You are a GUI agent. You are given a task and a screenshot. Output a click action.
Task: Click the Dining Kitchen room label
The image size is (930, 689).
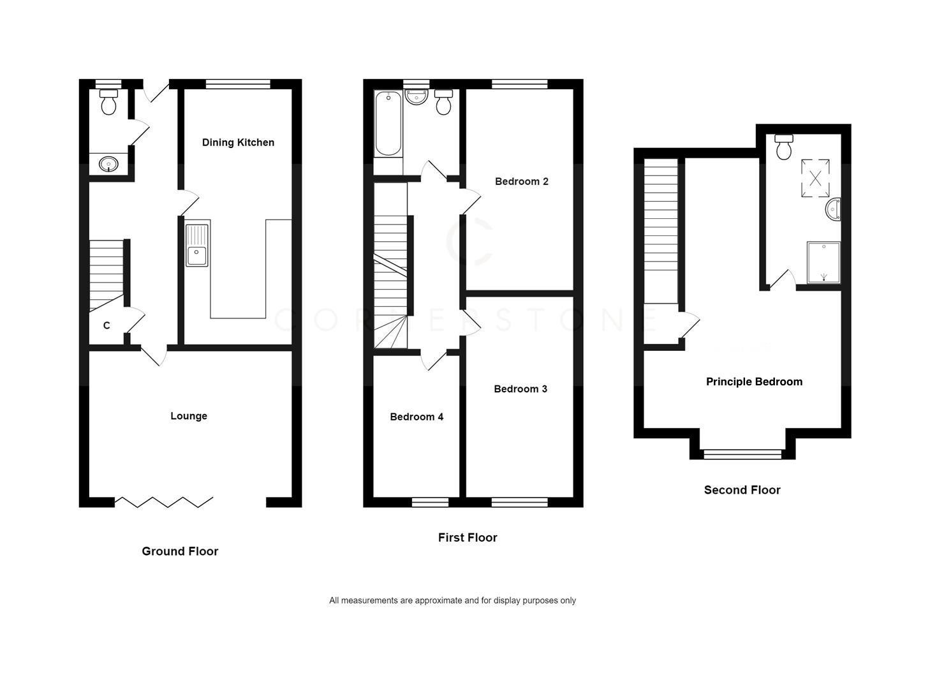click(238, 142)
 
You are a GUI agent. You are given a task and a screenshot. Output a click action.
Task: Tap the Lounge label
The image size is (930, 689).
click(189, 416)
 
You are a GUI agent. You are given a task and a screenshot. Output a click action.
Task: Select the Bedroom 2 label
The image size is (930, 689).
click(521, 181)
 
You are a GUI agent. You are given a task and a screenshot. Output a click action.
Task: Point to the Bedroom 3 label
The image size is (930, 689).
click(520, 389)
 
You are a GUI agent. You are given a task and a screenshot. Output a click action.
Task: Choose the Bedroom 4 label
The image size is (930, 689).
click(417, 417)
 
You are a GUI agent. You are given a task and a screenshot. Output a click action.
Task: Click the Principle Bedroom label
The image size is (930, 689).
click(754, 382)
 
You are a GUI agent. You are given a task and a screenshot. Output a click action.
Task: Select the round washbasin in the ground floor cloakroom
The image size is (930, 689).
click(109, 165)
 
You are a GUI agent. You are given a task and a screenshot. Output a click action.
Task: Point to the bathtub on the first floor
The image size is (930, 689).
click(388, 124)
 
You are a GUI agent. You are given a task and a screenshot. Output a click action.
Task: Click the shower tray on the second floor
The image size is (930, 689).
click(823, 262)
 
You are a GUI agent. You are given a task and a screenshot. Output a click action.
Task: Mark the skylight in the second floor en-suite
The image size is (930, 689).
click(815, 178)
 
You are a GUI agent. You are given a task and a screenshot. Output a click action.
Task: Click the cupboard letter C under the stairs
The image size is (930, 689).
click(107, 325)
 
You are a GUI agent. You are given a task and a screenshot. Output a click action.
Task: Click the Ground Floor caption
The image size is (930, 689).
click(180, 551)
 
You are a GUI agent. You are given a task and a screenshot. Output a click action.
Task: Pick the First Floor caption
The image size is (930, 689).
click(468, 538)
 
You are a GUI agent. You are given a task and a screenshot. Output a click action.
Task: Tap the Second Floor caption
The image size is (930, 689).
click(742, 490)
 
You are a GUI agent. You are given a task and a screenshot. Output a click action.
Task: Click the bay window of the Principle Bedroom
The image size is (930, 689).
click(742, 454)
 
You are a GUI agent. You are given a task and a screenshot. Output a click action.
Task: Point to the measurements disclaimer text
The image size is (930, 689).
click(452, 600)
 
